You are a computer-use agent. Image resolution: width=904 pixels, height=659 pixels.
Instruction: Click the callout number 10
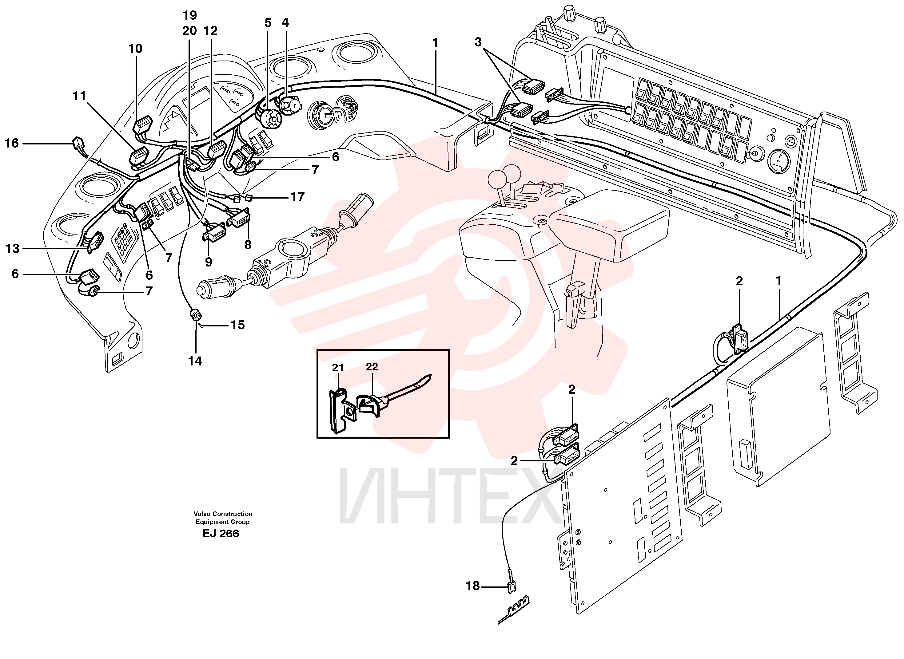[135, 49]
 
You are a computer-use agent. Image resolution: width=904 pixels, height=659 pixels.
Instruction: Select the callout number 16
[12, 143]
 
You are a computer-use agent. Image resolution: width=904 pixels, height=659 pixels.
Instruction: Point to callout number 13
[12, 249]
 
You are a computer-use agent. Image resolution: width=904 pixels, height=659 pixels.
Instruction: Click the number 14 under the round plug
[195, 361]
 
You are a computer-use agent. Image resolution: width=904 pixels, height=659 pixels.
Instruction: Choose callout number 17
[297, 197]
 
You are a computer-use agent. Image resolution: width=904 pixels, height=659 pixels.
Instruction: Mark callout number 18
[473, 586]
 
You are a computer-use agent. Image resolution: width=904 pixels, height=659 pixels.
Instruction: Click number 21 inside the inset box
[338, 367]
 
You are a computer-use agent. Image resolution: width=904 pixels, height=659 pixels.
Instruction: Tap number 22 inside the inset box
[372, 367]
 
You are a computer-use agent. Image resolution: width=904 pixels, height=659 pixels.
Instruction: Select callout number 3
[478, 42]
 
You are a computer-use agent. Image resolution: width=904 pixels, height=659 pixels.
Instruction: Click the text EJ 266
[221, 534]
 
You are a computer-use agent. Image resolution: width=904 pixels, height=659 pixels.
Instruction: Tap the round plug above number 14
[195, 315]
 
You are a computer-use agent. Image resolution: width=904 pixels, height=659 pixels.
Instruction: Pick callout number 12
[211, 31]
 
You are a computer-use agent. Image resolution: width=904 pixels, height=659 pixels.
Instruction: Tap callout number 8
[248, 245]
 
